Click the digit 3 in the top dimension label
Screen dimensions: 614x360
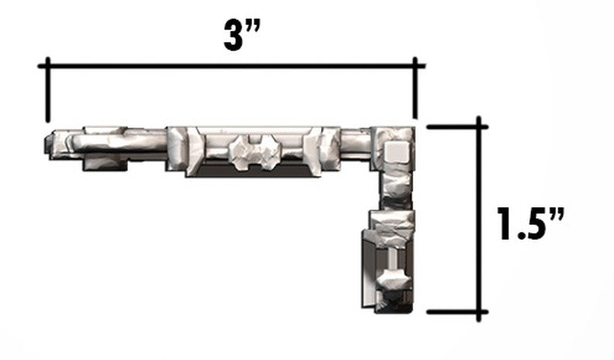click(x=234, y=36)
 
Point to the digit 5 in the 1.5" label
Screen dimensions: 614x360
click(x=533, y=223)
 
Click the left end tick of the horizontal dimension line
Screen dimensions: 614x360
click(x=48, y=89)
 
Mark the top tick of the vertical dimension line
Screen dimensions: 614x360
click(x=457, y=127)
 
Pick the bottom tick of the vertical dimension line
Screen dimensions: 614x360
click(x=457, y=312)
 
